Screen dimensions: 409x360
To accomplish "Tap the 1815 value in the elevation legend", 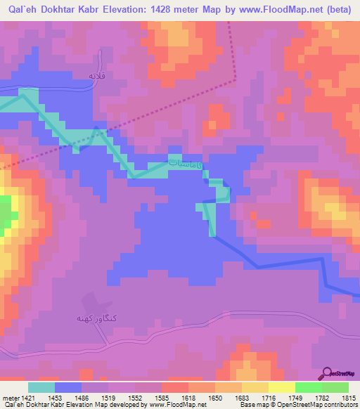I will tap(348, 397).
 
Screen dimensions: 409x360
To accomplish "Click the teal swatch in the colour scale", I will tap(41, 387).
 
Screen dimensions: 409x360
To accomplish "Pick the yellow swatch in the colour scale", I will tap(281, 387).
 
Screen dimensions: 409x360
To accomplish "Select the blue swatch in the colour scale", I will tap(68, 387).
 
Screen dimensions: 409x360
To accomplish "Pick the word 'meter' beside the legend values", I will tap(10, 397).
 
